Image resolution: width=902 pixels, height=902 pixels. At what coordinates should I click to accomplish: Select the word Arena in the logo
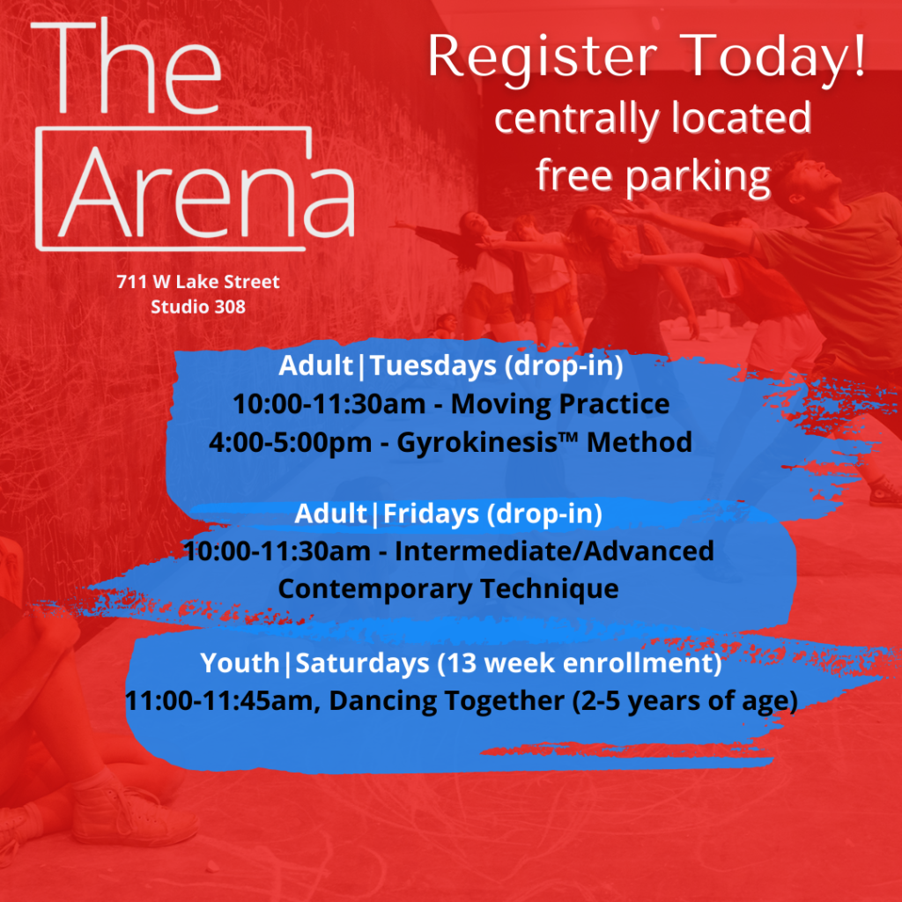tap(206, 194)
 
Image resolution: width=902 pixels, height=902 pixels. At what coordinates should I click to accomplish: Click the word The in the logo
tap(126, 66)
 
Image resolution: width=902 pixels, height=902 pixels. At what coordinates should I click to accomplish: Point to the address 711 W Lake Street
tap(198, 281)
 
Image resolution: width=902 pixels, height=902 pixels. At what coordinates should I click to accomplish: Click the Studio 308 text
tap(198, 307)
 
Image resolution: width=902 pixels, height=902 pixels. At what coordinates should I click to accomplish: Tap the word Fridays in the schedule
tap(431, 514)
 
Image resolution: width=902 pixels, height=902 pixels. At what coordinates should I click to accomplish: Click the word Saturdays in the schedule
tap(362, 662)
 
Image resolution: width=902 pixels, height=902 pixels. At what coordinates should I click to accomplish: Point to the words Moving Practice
tap(559, 403)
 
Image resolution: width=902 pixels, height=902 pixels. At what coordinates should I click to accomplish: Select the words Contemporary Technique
tap(448, 589)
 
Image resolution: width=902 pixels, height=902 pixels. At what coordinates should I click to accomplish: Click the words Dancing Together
tap(447, 701)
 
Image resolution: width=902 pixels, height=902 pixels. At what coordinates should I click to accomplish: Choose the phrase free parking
tap(653, 176)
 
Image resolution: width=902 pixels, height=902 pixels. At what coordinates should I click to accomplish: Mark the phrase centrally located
tap(653, 118)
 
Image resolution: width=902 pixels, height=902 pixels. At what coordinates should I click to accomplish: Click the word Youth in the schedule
tap(240, 662)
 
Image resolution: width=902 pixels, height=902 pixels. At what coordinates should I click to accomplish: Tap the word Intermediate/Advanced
tap(554, 551)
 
